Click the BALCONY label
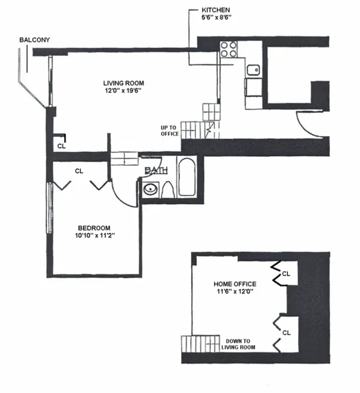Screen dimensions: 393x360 34,40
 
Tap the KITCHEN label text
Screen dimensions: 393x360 215,10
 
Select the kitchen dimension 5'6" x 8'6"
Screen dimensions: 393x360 215,17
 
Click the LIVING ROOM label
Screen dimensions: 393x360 123,83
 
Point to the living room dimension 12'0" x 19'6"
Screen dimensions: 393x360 123,90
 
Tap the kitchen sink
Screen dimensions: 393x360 254,70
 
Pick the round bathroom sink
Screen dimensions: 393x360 150,189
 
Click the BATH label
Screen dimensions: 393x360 156,170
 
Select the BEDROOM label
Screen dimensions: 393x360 94,228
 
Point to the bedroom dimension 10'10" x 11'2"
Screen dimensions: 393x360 94,235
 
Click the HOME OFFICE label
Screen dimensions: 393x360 235,284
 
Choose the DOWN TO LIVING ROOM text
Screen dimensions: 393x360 238,344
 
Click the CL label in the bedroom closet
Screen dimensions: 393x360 79,171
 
